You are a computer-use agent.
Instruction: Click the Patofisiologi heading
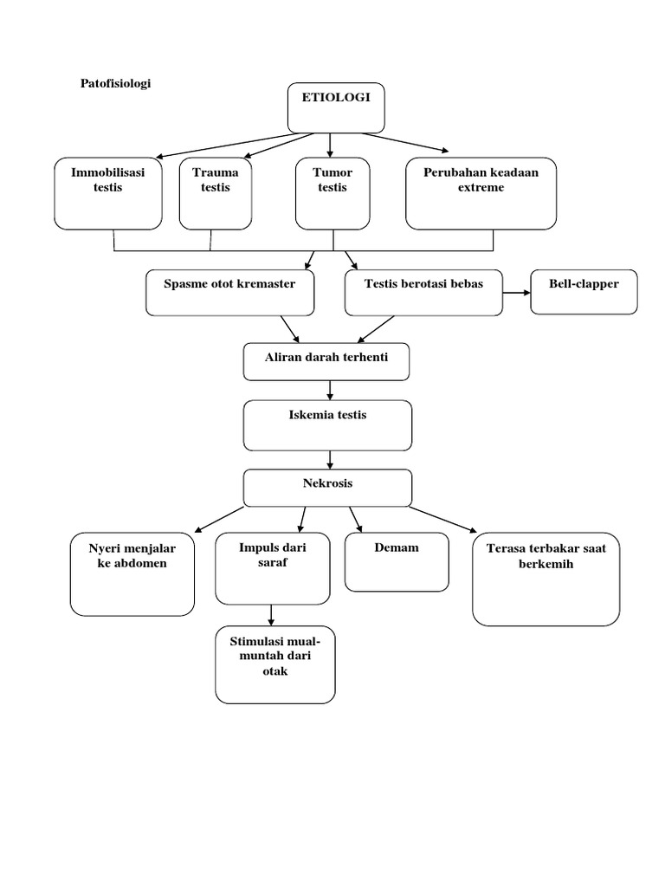[x=115, y=84]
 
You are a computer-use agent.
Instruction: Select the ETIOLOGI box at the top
[x=335, y=107]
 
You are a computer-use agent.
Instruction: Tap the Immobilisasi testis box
[x=108, y=193]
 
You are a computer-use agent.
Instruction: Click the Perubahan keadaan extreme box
[x=481, y=193]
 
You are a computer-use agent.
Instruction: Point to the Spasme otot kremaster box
[x=230, y=293]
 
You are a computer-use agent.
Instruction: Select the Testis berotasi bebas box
[x=423, y=293]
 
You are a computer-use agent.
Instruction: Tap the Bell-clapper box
[x=584, y=292]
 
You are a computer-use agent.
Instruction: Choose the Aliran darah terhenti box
[x=326, y=361]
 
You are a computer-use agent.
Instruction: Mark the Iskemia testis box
[x=327, y=424]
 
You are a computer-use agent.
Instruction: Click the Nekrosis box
[x=327, y=488]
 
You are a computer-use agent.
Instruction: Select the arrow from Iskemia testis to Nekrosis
[x=329, y=459]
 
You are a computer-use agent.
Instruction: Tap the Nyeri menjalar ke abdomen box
[x=132, y=573]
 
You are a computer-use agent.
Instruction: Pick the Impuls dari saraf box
[x=273, y=567]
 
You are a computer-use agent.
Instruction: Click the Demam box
[x=397, y=561]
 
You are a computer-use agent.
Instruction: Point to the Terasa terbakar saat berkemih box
[x=546, y=578]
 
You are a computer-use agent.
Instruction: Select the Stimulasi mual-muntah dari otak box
[x=274, y=665]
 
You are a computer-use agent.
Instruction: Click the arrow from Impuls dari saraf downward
[x=272, y=614]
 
